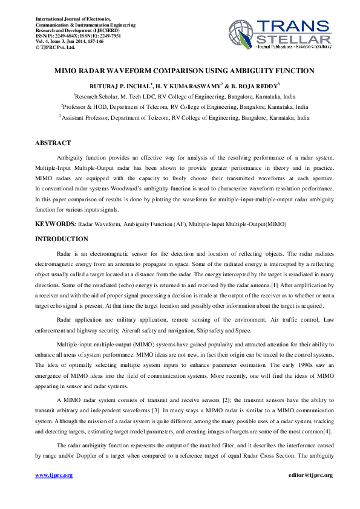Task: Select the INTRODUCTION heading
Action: [x=62, y=239]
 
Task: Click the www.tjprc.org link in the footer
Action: [x=54, y=475]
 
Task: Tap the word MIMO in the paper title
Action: [x=67, y=71]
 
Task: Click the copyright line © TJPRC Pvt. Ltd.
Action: [x=55, y=47]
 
